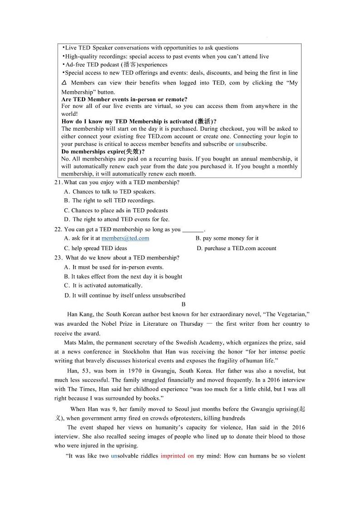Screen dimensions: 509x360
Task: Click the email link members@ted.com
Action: pos(125,238)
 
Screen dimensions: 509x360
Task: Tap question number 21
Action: pos(58,182)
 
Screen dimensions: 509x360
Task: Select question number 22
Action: pos(58,230)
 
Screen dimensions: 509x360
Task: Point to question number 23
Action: pos(58,258)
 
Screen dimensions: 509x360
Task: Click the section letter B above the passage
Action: pos(184,304)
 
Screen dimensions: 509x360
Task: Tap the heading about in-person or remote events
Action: pos(124,99)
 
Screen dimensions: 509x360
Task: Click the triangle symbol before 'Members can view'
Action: pos(63,83)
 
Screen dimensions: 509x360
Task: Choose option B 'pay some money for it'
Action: pos(227,238)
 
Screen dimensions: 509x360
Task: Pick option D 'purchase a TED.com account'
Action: pos(236,248)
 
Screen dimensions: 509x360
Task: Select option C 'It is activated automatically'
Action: pos(103,285)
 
